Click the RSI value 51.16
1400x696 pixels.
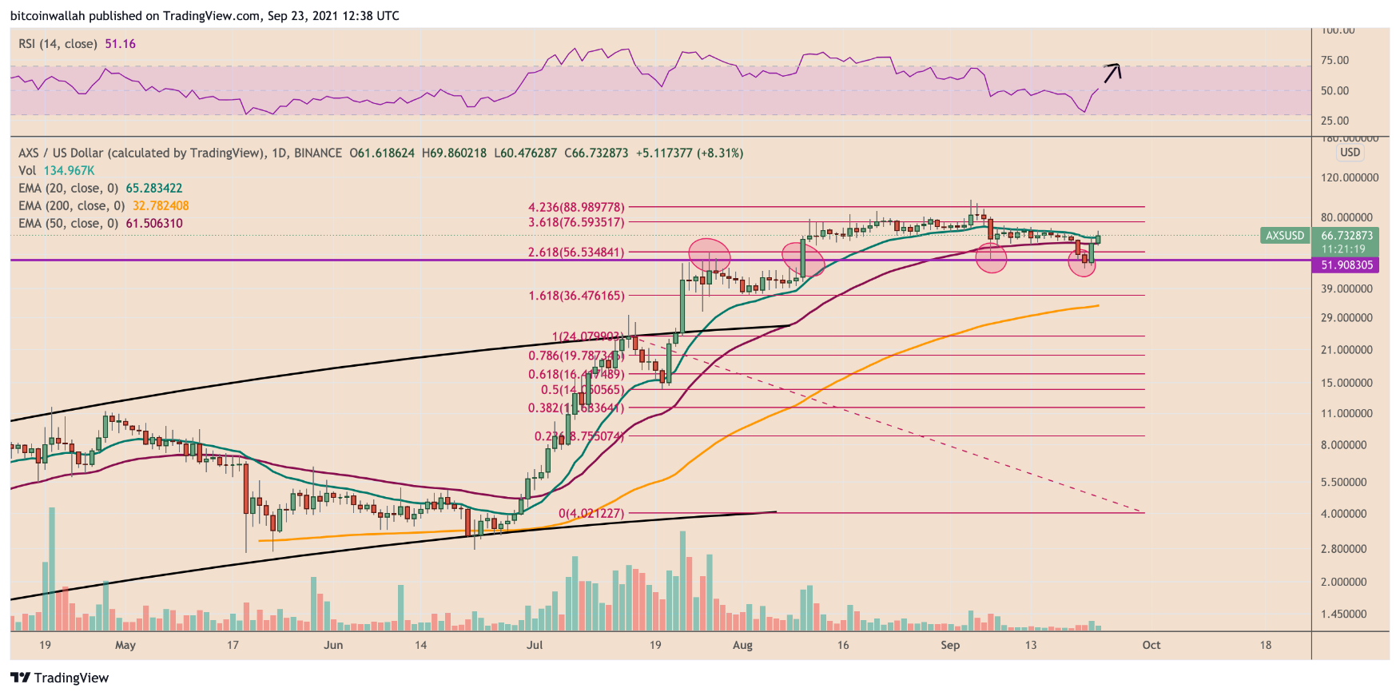click(120, 44)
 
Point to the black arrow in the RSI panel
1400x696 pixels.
click(1112, 73)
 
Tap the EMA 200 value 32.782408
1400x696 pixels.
click(161, 206)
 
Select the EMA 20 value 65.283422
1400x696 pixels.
click(153, 189)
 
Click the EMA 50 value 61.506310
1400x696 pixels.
click(153, 224)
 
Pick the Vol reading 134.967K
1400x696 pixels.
click(69, 171)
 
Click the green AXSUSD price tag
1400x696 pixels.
click(1284, 236)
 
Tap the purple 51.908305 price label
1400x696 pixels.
click(1346, 265)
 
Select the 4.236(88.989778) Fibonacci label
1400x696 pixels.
click(576, 208)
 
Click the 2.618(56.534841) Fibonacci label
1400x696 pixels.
click(576, 253)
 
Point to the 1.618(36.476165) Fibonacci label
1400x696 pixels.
click(576, 296)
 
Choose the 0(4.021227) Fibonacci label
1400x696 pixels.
click(591, 514)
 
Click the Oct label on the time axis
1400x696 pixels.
click(1151, 645)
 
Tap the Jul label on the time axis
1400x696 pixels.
click(535, 645)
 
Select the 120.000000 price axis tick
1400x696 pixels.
click(1349, 177)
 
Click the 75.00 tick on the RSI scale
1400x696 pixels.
click(1334, 61)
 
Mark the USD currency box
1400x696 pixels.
click(1350, 153)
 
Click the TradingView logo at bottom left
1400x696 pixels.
click(60, 678)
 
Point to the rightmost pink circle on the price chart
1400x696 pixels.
click(1082, 263)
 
